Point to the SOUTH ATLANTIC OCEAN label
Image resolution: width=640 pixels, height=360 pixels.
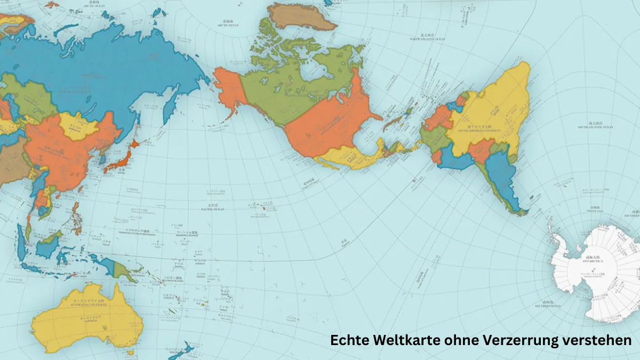pos(596,127)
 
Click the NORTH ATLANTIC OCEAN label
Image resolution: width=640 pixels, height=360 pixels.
pos(427,39)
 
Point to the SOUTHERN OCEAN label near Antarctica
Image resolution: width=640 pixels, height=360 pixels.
pos(549,306)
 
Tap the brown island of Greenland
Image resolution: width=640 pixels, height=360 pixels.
pos(301,16)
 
